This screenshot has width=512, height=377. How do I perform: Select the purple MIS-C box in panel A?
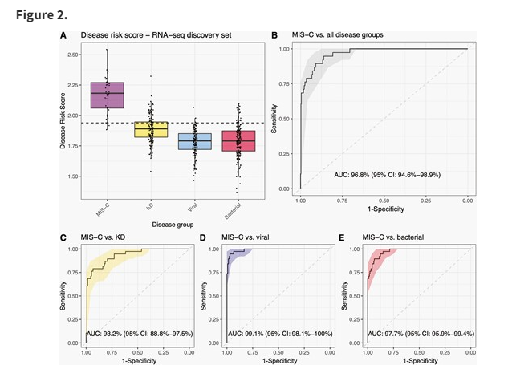point(107,95)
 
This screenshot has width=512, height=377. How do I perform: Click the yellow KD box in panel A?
point(150,129)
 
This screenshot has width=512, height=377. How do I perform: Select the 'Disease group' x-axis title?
point(173,223)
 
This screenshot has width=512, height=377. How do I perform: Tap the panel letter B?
point(274,35)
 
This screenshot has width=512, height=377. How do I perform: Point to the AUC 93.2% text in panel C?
point(137,330)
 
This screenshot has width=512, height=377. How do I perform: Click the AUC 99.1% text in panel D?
point(277,330)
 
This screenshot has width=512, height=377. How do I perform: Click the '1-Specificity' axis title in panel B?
point(383,210)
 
